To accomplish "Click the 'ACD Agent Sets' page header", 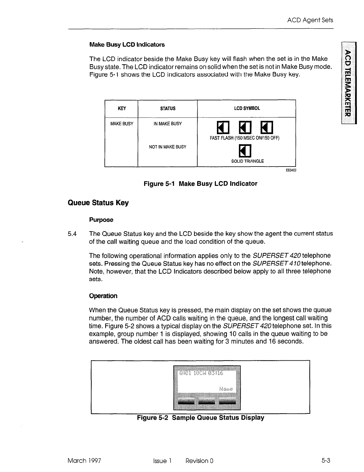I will point(310,20).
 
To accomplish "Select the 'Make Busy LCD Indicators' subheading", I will point(127,45).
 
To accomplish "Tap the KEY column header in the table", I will point(122,109).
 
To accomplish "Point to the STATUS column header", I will point(168,109).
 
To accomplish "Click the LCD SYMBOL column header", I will point(247,108).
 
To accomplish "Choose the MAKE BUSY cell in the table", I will point(122,124).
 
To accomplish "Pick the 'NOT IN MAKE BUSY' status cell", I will point(168,147).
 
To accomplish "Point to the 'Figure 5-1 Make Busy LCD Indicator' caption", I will point(200,184).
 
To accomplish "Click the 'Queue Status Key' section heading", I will point(98,203).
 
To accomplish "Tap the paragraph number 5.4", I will point(72,234).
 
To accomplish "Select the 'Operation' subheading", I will point(103,296).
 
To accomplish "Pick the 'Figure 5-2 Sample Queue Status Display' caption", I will point(200,418).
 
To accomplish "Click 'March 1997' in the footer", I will point(84,461).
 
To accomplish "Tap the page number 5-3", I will point(326,461).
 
